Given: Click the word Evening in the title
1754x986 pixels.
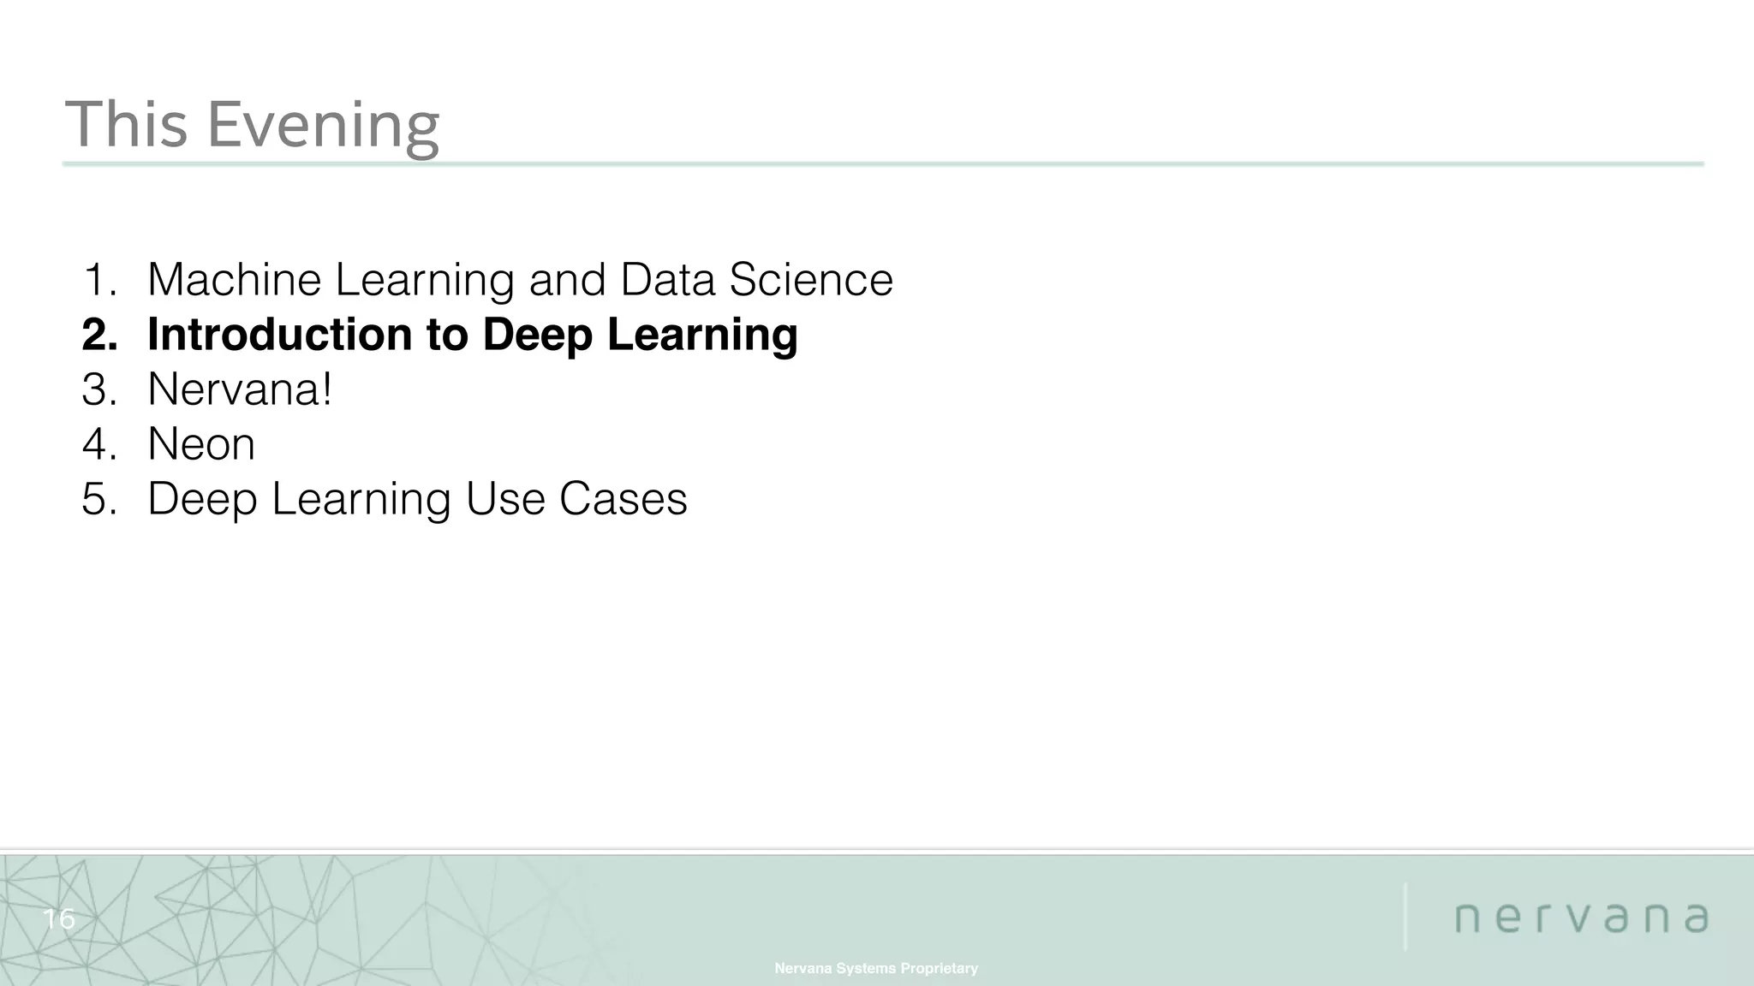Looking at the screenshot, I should [323, 125].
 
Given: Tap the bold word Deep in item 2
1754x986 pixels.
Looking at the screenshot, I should [537, 336].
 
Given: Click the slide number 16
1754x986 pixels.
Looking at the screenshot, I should [59, 919].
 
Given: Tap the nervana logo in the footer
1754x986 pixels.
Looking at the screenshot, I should [1582, 918].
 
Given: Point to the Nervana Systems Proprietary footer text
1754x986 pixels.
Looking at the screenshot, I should [876, 968].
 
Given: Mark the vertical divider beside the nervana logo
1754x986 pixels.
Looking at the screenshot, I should [1405, 916].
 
